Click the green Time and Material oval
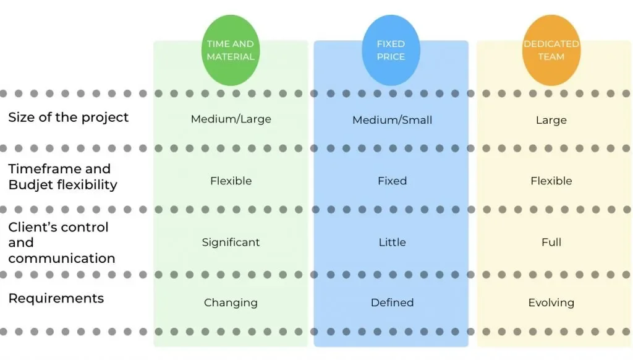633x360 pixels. pyautogui.click(x=231, y=50)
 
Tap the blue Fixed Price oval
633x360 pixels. pyautogui.click(x=391, y=50)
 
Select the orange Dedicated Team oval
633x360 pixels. pyautogui.click(x=551, y=50)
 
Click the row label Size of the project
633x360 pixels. pyautogui.click(x=68, y=117)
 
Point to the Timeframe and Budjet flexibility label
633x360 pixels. pyautogui.click(x=62, y=176)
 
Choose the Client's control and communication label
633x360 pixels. pyautogui.click(x=61, y=242)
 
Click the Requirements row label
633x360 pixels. pyautogui.click(x=56, y=299)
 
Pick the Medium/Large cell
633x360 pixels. pyautogui.click(x=231, y=119)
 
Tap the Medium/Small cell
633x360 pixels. pyautogui.click(x=392, y=120)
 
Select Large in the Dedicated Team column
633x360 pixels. pyautogui.click(x=551, y=121)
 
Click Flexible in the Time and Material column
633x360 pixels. pyautogui.click(x=231, y=181)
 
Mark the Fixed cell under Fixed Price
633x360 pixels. pyautogui.click(x=392, y=181)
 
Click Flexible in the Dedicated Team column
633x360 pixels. pyautogui.click(x=551, y=181)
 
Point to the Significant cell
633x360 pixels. pyautogui.click(x=231, y=242)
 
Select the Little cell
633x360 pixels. pyautogui.click(x=392, y=242)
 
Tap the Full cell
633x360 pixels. pyautogui.click(x=551, y=242)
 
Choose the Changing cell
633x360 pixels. pyautogui.click(x=231, y=303)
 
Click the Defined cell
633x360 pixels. pyautogui.click(x=392, y=302)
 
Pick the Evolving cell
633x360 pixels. pyautogui.click(x=551, y=303)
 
